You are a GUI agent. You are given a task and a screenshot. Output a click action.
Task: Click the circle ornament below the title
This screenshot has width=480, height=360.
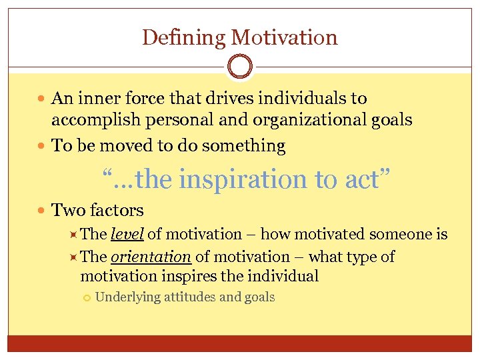[240, 67]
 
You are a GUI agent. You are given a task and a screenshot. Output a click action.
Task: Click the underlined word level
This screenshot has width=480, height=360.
[127, 234]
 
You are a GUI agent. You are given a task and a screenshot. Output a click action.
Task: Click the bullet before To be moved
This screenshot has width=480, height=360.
[43, 146]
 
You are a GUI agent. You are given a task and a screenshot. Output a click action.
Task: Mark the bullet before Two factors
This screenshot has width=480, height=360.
[43, 211]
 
